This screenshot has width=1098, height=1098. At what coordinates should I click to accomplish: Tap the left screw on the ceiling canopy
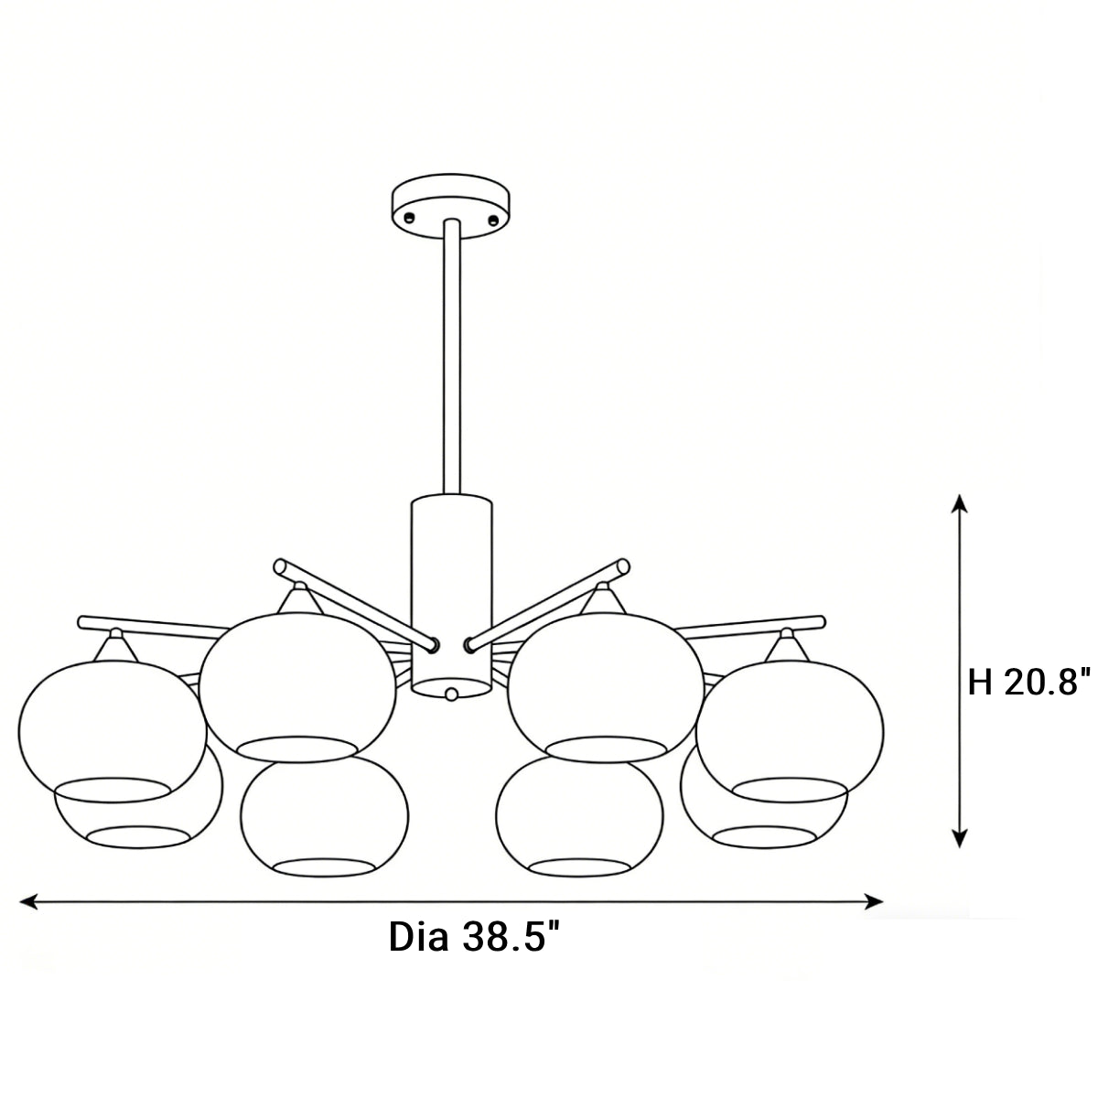coord(409,217)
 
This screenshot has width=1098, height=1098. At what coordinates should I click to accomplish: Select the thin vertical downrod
coord(451,357)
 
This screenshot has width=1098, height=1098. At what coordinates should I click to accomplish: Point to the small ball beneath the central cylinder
coord(450,694)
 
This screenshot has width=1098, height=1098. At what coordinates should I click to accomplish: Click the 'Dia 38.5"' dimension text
coord(474,938)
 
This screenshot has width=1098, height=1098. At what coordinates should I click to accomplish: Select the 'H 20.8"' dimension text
coord(1029,682)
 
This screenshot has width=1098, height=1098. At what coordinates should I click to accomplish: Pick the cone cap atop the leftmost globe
coord(115,646)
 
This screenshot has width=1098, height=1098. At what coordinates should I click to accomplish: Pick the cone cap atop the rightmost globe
coord(786,646)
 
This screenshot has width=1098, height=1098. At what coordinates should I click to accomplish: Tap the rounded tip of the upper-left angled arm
coord(282,567)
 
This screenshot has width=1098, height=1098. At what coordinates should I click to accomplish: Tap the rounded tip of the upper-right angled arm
coord(623,567)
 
